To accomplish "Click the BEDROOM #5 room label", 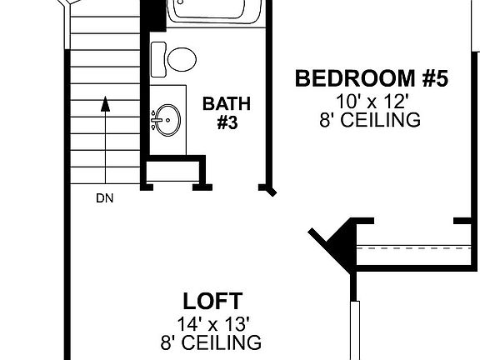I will click(x=372, y=79).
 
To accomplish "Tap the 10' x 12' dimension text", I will click(x=372, y=102).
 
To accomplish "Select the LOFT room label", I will click(x=212, y=300).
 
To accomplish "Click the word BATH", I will click(x=227, y=104).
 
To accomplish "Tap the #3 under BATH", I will click(x=227, y=122).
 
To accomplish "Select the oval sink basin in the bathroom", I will click(x=168, y=119).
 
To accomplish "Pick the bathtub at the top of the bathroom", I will click(x=214, y=11).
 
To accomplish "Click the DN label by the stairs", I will click(x=104, y=198).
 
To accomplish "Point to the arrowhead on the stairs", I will click(x=105, y=104).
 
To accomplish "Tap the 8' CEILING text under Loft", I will click(x=211, y=342).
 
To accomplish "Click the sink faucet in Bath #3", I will click(x=156, y=120).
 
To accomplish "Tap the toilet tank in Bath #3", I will click(x=157, y=58).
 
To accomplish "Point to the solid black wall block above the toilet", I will click(x=152, y=15).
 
